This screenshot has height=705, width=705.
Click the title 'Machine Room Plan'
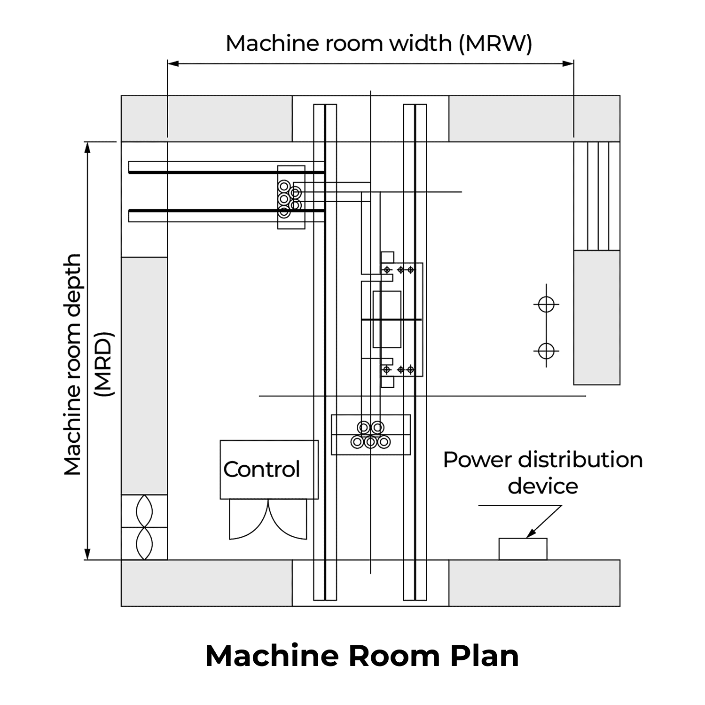362,656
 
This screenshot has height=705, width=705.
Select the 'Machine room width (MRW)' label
378,44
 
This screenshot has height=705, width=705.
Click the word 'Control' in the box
261,469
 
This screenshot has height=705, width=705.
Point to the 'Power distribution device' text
543,472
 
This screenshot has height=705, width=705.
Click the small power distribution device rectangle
523,549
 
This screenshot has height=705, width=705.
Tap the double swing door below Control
268,519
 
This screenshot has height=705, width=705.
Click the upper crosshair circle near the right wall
546,305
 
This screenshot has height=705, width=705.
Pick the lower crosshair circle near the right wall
546,351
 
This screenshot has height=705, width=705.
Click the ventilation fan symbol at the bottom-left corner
144,527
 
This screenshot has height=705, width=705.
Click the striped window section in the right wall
597,196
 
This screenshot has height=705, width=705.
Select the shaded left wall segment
144,376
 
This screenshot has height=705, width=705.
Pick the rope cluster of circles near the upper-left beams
289,198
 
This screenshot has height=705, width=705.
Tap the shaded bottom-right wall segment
534,583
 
